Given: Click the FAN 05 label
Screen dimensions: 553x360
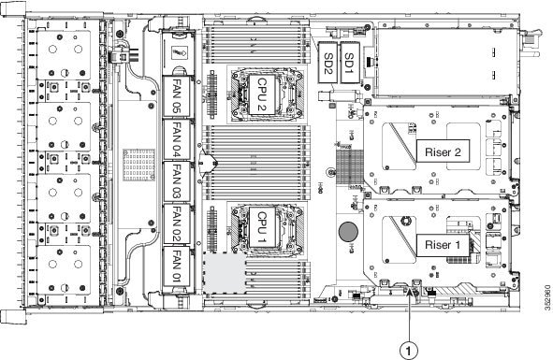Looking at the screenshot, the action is [176, 96].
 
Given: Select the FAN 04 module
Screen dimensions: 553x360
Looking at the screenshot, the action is [176, 139].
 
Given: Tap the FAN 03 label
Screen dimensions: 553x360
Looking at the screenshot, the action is [176, 181].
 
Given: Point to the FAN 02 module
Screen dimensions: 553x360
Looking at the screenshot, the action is [176, 223].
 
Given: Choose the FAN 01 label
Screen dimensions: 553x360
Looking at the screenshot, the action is [176, 266].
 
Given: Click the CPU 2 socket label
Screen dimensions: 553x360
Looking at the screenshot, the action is [262, 94].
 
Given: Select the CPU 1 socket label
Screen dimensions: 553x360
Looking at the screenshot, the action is [262, 227].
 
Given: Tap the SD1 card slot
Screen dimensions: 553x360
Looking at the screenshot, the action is [350, 63].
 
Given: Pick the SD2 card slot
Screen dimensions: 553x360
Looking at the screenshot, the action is [328, 63].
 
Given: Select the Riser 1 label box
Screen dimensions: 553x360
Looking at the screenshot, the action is [443, 245].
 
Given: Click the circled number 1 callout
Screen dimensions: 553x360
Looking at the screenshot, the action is [408, 351].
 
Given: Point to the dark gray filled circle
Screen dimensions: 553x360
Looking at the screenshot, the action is [348, 232].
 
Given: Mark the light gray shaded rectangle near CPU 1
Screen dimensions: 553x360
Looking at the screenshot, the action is [225, 272].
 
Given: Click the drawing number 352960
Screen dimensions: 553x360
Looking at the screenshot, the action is [547, 298].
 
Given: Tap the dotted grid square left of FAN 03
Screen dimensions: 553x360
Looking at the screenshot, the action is [139, 165].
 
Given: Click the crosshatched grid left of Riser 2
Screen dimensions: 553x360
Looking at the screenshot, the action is [350, 166].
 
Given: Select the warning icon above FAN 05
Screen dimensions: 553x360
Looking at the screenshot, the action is [179, 53].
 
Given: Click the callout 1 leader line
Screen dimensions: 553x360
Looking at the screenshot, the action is [410, 316].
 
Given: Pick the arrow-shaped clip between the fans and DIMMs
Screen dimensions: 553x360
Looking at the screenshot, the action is [208, 163].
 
